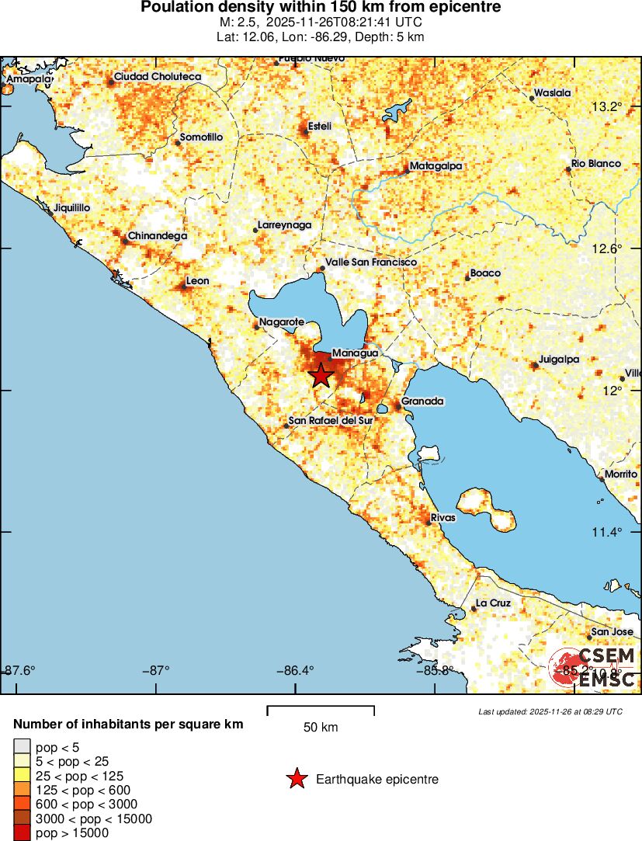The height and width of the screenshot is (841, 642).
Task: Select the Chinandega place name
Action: click(157, 235)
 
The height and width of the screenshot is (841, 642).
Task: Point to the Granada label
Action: click(422, 401)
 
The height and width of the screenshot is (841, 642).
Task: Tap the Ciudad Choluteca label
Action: click(158, 77)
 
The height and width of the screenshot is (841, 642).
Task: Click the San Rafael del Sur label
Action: click(331, 421)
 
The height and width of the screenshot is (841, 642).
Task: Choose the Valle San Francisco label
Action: click(371, 262)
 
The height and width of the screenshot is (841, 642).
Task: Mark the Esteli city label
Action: click(320, 126)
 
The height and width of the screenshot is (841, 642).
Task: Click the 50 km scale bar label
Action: click(320, 728)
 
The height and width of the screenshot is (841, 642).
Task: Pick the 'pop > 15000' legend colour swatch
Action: click(23, 833)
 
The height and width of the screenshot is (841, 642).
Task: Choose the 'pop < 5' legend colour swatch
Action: click(23, 748)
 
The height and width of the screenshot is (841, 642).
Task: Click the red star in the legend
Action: click(297, 779)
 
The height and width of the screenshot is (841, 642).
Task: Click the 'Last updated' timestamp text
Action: click(550, 711)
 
